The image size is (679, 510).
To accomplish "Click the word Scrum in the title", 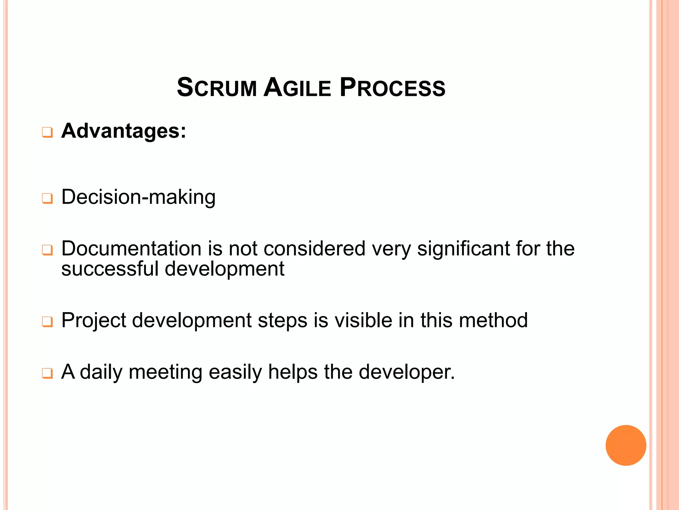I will point(217,88).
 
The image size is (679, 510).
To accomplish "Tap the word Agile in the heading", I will point(297,88).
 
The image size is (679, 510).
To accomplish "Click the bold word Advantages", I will point(123,131).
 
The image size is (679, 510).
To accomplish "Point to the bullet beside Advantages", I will point(47,132).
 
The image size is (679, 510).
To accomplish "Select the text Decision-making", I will point(138,197).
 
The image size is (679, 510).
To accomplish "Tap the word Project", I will point(94,320).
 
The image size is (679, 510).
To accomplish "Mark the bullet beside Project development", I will point(47,322).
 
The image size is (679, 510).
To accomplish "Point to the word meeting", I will point(165,372).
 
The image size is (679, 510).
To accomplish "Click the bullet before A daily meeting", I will point(47,373).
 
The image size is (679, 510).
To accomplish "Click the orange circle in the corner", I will point(626,445).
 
